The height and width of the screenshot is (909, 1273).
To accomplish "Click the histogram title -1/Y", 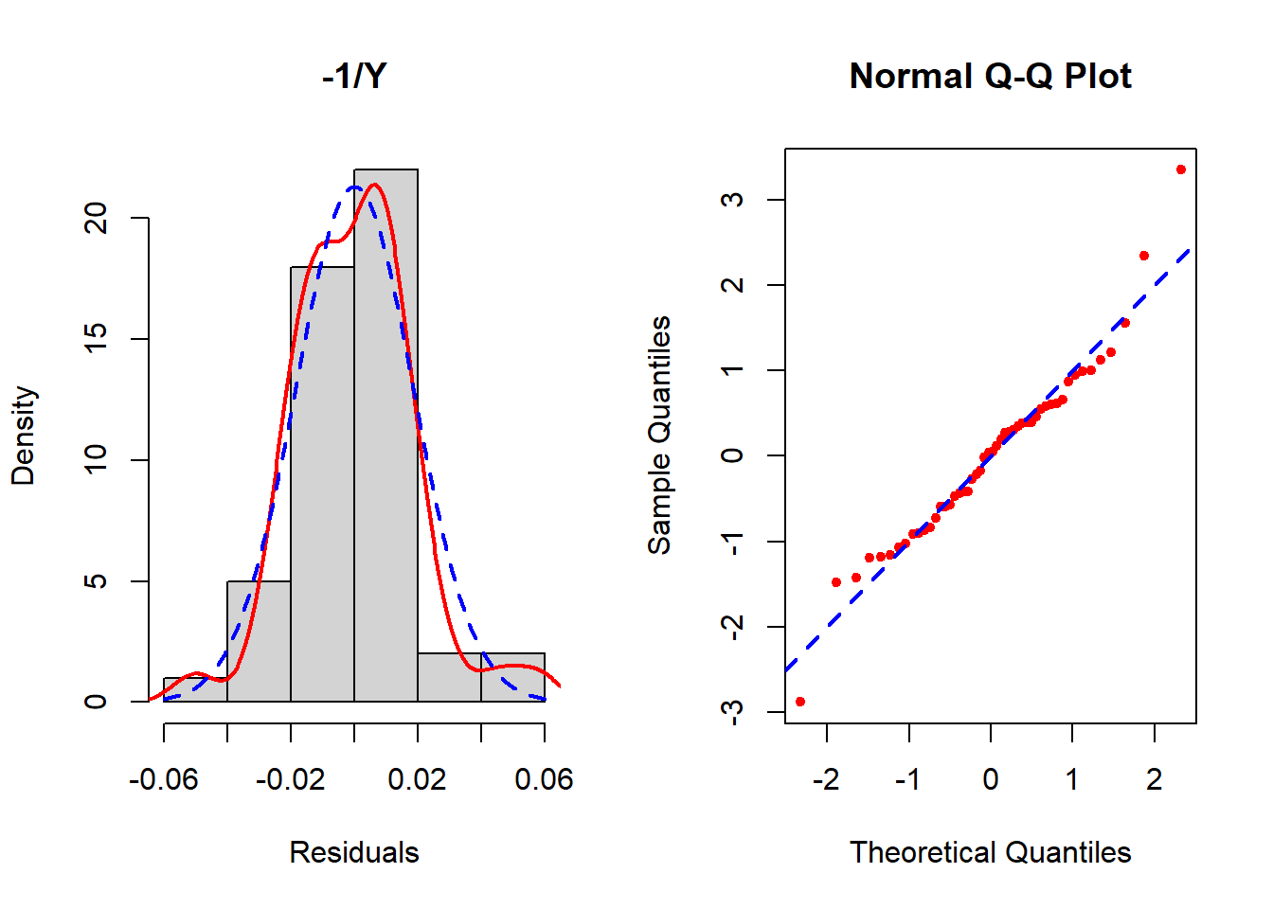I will click(x=354, y=76).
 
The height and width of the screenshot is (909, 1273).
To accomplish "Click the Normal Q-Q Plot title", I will click(x=990, y=76).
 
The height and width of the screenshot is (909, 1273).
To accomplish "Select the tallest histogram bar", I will click(x=385, y=436).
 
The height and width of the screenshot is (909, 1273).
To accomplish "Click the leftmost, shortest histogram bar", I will click(x=195, y=690).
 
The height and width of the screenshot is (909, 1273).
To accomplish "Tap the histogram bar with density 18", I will click(x=322, y=483).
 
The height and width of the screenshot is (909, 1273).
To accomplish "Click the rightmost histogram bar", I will click(x=512, y=677).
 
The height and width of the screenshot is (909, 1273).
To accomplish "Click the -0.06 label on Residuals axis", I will click(x=164, y=779).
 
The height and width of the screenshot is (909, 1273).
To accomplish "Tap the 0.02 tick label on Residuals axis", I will click(x=417, y=779).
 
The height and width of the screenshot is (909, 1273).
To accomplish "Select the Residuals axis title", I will click(x=353, y=852).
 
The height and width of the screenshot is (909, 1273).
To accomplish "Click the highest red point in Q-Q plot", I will click(x=1181, y=169).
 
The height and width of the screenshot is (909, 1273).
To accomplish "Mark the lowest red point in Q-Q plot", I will click(x=800, y=702).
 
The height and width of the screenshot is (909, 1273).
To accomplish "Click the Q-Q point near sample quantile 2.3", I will click(x=1144, y=256).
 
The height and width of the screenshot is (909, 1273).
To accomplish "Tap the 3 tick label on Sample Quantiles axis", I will click(x=732, y=200).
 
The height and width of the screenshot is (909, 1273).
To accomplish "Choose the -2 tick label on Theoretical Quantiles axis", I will click(x=826, y=779).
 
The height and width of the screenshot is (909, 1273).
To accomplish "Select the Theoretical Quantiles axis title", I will click(x=990, y=852).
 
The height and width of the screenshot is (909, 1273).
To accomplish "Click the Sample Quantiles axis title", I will click(x=659, y=436).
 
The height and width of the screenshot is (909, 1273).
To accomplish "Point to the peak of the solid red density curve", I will click(x=375, y=185).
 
